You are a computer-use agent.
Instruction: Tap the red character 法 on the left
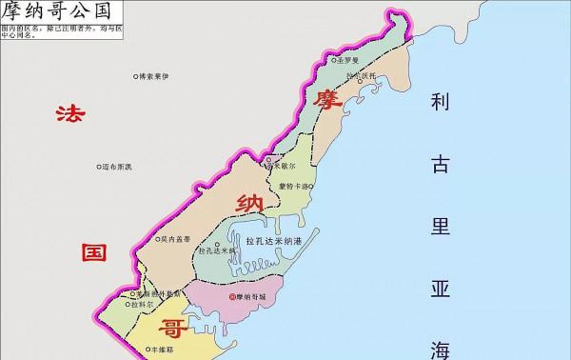pyautogui.click(x=69, y=115)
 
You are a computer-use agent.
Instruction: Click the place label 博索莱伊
pyautogui.click(x=159, y=75)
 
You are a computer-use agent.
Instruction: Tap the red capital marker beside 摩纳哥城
pyautogui.click(x=233, y=297)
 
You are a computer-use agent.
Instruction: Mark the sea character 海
pyautogui.click(x=440, y=347)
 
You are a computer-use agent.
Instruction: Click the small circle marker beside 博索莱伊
pyautogui.click(x=134, y=75)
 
